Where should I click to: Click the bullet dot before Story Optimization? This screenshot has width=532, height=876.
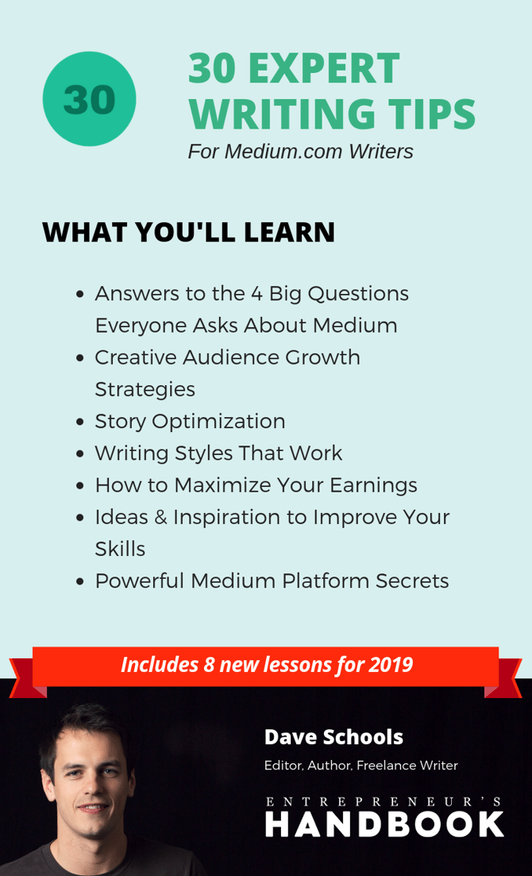pos(80,423)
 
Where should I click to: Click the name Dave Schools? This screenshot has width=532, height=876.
pos(333,738)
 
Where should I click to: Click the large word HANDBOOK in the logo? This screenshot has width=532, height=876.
pos(384,825)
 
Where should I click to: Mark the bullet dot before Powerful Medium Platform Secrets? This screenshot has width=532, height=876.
pos(80,582)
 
